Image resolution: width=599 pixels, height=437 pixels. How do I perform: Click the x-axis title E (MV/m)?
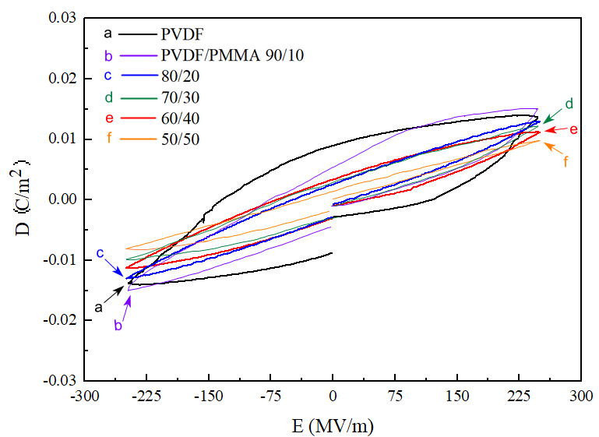tap(333, 425)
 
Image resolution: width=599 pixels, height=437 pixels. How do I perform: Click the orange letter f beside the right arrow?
tap(566, 162)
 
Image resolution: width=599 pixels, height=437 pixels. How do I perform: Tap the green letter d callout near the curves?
tap(569, 104)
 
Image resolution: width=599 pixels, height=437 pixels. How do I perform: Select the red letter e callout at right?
tap(573, 129)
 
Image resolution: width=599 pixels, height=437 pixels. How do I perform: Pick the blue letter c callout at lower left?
tap(100, 253)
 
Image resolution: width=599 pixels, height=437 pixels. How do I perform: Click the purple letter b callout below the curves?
tap(118, 326)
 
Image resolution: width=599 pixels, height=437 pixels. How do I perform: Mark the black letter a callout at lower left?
tap(99, 307)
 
